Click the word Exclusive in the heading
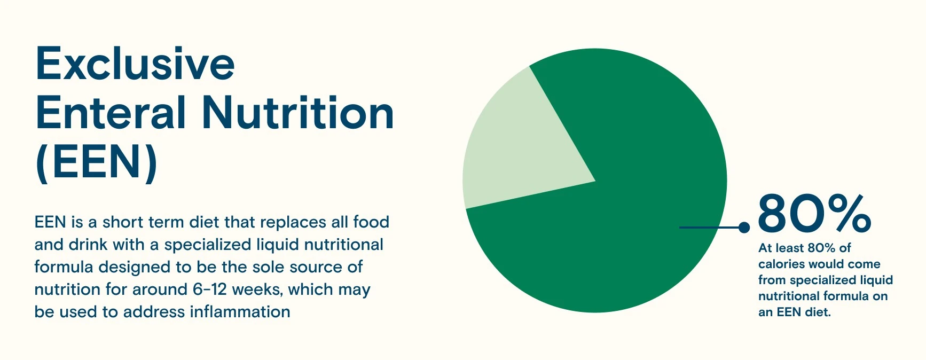tap(135, 64)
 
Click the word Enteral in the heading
tap(111, 113)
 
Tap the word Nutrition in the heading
tap(298, 113)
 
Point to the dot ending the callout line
tap(744, 228)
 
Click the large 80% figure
tap(814, 214)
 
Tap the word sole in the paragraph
tap(299, 267)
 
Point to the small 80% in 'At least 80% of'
tap(821, 248)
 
